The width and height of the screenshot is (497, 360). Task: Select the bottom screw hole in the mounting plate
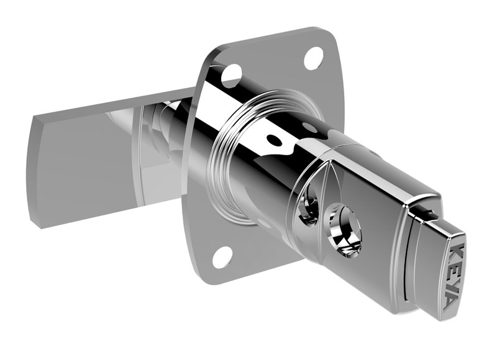222,256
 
